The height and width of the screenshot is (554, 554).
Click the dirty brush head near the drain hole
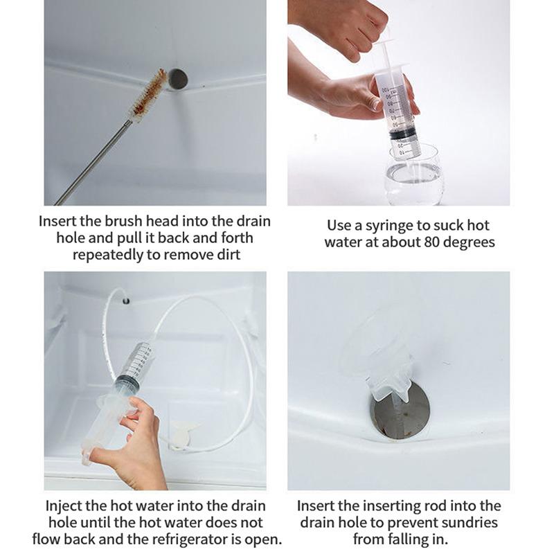[149, 95]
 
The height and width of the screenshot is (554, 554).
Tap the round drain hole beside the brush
[177, 79]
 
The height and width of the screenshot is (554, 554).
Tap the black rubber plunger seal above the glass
[402, 134]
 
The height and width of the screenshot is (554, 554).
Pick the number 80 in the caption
[432, 242]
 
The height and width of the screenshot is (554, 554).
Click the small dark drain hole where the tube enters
[126, 301]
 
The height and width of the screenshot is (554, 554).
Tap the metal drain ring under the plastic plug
[401, 411]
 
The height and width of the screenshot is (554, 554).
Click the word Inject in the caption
[65, 506]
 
